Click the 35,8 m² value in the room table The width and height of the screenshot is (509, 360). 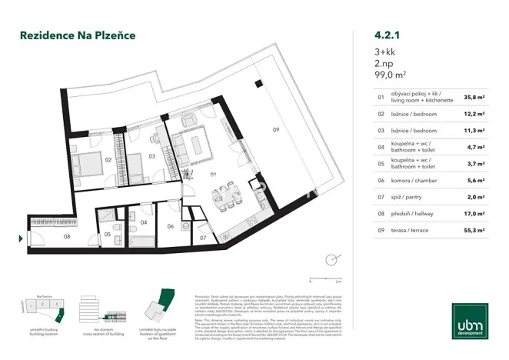tap(474, 98)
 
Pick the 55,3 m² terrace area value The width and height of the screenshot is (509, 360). tap(474, 230)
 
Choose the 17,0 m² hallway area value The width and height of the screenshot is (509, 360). tap(474, 213)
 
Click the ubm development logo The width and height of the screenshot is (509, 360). tap(468, 328)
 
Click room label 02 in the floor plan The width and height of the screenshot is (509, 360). tap(109, 159)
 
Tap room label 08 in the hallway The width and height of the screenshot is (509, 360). tap(67, 236)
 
